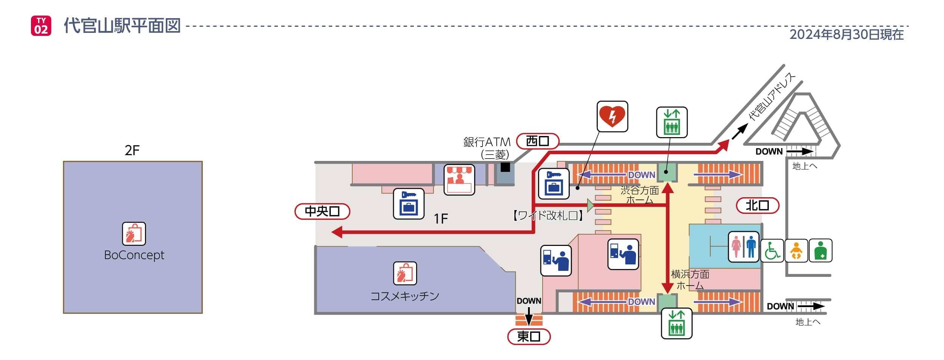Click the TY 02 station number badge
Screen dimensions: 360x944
point(41,26)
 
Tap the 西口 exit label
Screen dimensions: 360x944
point(537,141)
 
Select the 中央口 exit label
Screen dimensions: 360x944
point(322,211)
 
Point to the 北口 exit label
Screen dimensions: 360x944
point(757,205)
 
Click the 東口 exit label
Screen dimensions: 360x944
point(529,336)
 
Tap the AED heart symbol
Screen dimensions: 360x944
point(612,116)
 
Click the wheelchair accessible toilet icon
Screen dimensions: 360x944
point(772,250)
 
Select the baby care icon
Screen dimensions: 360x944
point(796,250)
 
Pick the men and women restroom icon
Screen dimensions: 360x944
point(743,247)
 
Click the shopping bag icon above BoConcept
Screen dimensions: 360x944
point(134,233)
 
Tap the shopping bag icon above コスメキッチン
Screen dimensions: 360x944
point(405,273)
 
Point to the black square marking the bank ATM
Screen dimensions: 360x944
point(505,167)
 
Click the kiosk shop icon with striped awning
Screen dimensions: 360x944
point(459,179)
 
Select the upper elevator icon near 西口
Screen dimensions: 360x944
point(671,122)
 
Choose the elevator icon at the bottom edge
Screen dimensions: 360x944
point(676,323)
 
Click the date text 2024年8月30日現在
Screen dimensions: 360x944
point(846,34)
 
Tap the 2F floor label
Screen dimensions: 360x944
point(132,150)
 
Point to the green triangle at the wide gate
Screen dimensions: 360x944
point(590,205)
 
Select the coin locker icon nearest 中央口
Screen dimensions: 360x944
point(409,204)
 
